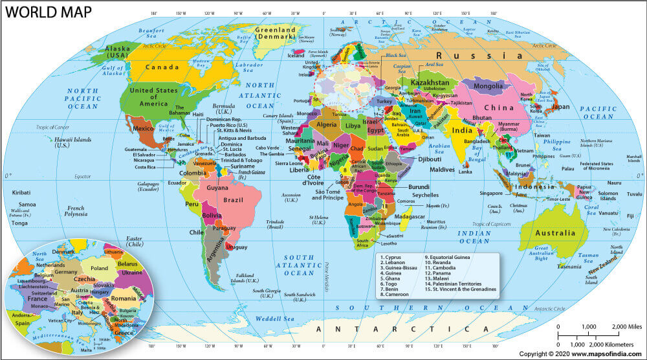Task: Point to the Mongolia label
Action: pyautogui.click(x=493, y=85)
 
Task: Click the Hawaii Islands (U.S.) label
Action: pyautogui.click(x=72, y=142)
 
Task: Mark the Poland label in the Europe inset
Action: pyautogui.click(x=99, y=268)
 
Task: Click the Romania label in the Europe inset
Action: pyautogui.click(x=122, y=298)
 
